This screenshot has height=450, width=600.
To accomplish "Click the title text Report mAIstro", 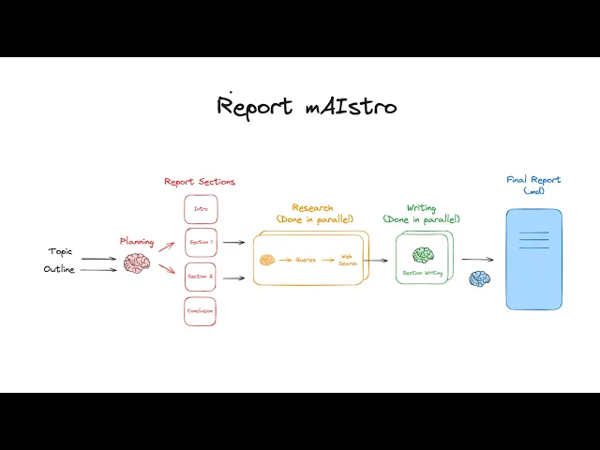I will (x=307, y=105).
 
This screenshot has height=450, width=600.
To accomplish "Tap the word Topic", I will (x=60, y=251).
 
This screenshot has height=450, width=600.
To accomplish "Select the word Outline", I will (x=58, y=270).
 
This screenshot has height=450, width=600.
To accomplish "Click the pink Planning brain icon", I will (x=137, y=263).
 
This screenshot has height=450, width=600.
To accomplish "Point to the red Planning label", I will (x=137, y=241).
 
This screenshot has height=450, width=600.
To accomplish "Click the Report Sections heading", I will (x=200, y=182).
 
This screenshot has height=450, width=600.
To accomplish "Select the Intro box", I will (x=201, y=209).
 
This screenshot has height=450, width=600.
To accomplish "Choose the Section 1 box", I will (x=201, y=242).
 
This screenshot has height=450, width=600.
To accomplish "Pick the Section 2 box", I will (x=201, y=277).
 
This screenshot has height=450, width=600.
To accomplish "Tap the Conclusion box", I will (x=201, y=311).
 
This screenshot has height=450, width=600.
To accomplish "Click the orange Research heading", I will (x=312, y=208).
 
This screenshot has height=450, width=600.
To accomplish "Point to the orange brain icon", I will (x=267, y=260).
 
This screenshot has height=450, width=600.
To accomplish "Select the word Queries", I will (x=306, y=260).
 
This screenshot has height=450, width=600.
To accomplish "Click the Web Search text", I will (x=348, y=260).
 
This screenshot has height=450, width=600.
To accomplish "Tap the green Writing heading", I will (x=421, y=208).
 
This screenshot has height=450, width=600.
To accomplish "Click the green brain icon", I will (x=423, y=255).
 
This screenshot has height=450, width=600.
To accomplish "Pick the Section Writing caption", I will (x=423, y=273).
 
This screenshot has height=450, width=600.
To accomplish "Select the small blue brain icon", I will (x=480, y=278).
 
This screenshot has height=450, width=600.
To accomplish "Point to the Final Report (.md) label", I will (x=533, y=185).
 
